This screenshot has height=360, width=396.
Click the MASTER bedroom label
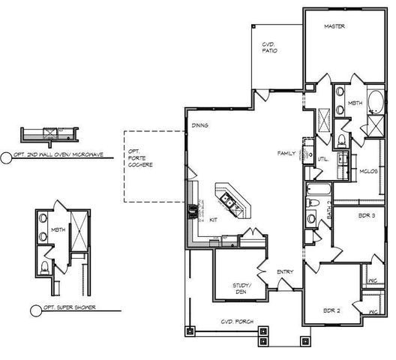coord(334,27)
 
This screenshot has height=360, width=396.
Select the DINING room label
coord(199,125)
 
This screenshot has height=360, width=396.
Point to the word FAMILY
coord(286,152)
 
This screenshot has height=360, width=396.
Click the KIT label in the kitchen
coord(214,220)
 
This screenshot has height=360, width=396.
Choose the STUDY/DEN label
coord(241,289)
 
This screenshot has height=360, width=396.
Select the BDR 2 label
coord(333,310)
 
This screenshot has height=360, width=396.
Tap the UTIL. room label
coord(324,159)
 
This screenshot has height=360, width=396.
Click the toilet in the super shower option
coord(44,267)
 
